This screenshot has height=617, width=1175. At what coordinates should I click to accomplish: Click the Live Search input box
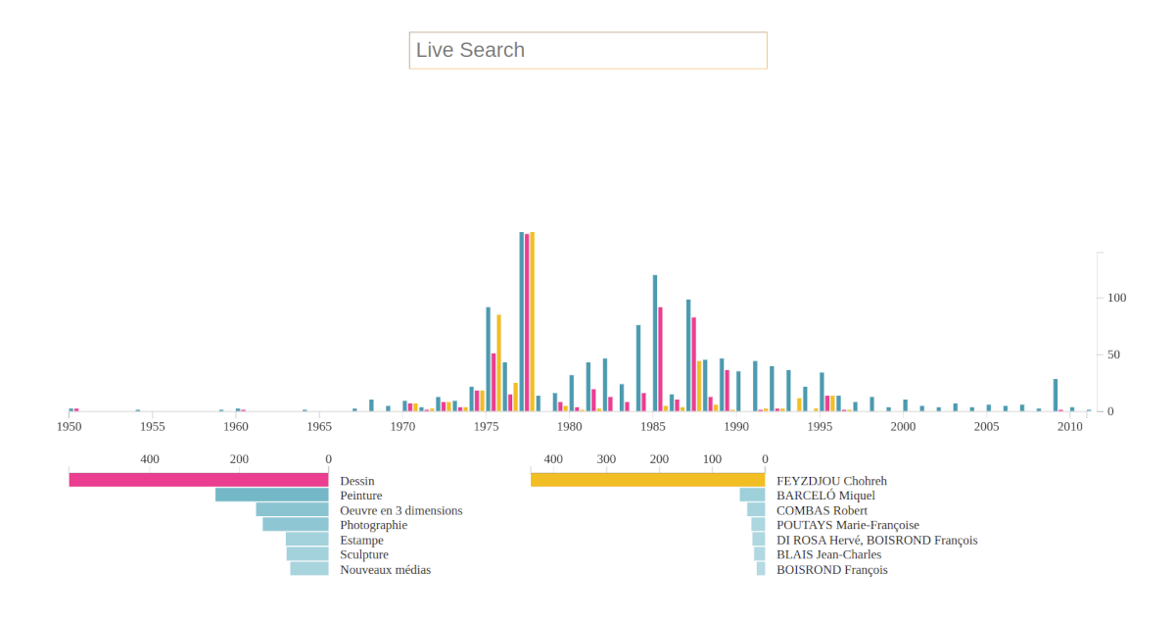point(587,50)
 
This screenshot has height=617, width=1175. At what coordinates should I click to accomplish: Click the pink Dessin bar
point(198,480)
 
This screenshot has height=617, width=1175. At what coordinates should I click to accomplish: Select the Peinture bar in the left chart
point(271,495)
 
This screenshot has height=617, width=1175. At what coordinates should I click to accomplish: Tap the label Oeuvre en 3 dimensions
point(400,510)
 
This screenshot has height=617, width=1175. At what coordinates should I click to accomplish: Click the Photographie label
point(373,525)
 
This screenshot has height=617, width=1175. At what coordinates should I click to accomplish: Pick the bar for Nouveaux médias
point(309,569)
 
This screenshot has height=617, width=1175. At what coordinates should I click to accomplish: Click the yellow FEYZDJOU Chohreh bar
point(647,480)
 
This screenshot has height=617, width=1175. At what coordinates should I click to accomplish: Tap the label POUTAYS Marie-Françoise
point(847,525)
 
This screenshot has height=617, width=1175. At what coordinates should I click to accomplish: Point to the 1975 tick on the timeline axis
point(486,427)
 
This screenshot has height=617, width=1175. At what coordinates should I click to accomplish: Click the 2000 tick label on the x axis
point(903,427)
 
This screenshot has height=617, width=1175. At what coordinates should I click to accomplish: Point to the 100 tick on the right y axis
point(1116,298)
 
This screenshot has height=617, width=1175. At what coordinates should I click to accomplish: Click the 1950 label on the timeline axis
point(69,427)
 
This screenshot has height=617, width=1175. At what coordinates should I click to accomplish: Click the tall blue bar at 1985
point(655,343)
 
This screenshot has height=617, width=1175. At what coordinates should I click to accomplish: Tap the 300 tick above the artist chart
point(606,459)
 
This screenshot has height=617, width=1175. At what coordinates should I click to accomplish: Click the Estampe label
point(361,540)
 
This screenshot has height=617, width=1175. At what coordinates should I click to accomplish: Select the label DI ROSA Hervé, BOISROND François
point(876,540)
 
